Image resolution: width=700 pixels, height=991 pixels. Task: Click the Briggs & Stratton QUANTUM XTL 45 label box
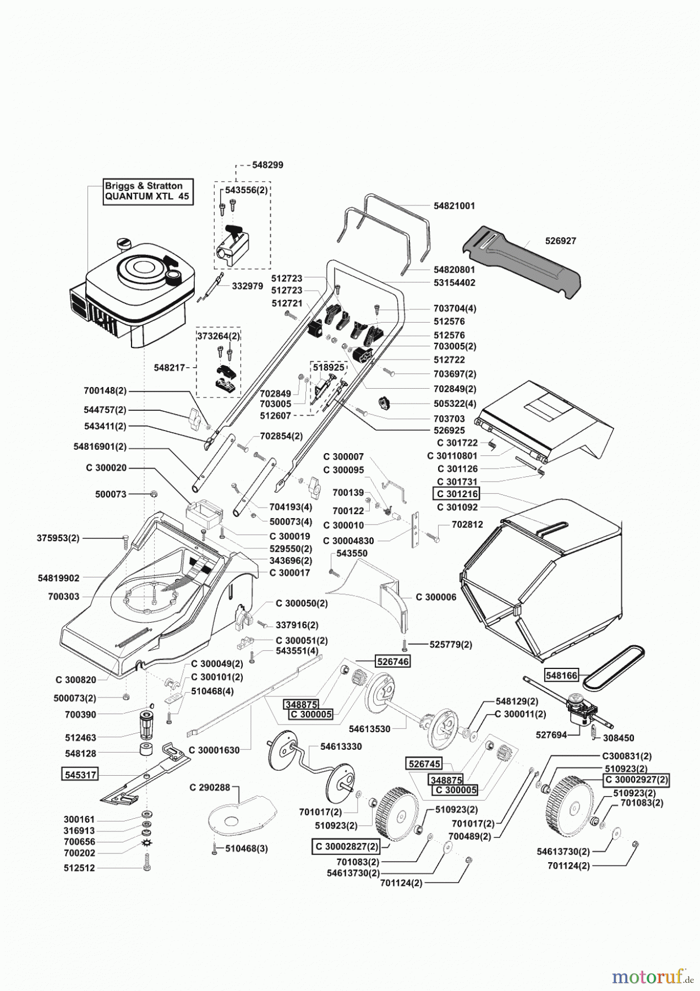[x=148, y=192]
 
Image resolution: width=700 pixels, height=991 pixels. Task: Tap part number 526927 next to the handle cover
[x=561, y=241]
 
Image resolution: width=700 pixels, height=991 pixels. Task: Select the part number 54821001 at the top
[x=454, y=206]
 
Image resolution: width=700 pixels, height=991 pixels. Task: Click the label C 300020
[x=106, y=468]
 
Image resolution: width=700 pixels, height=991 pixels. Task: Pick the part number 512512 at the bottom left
[x=79, y=868]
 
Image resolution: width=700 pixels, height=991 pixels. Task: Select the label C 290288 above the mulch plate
[x=210, y=788]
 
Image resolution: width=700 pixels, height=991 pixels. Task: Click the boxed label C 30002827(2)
[x=347, y=846]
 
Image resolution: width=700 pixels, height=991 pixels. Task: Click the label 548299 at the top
[x=267, y=165]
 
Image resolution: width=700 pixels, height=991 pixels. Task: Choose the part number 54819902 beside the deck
[x=59, y=578]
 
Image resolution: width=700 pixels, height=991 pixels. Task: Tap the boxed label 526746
[x=393, y=661]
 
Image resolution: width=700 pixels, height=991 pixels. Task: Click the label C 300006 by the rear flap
[x=436, y=597]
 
